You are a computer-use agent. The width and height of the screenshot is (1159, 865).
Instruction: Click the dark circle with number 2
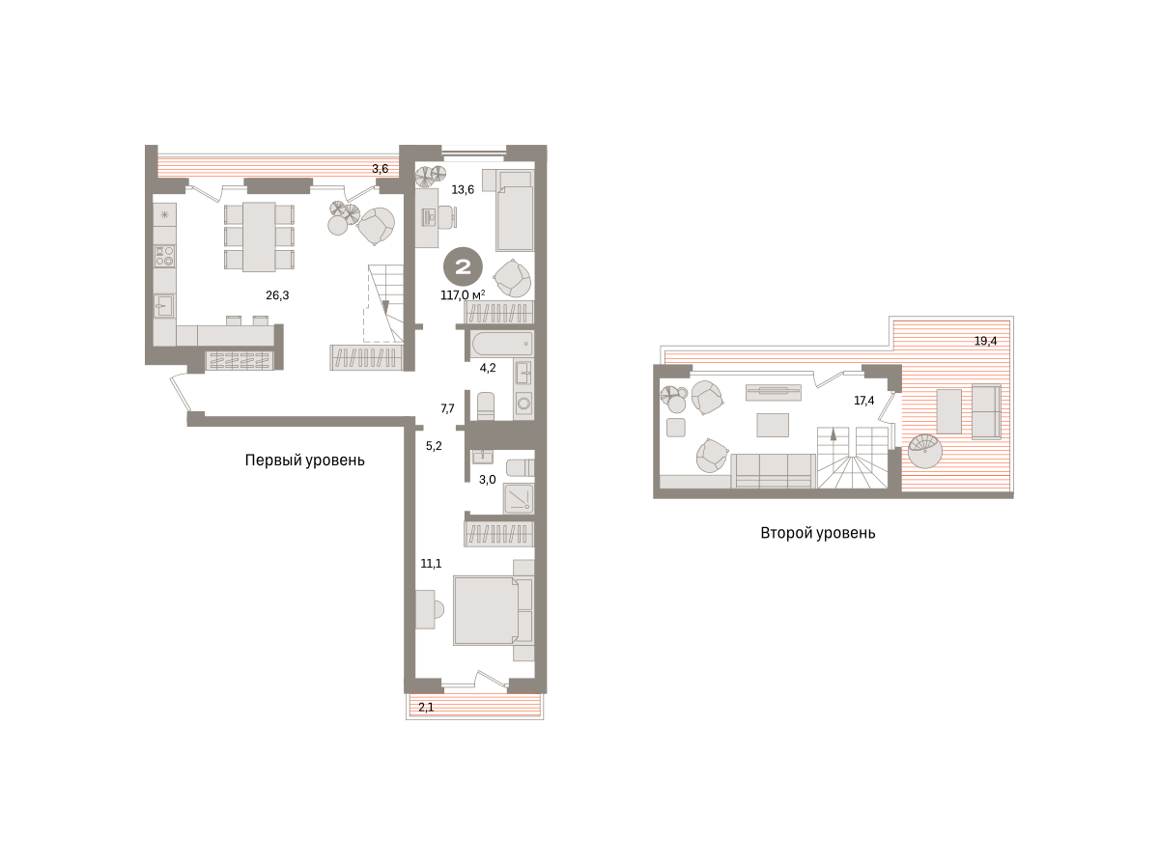click(x=463, y=267)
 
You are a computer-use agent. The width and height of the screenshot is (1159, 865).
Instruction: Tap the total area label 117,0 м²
click(x=463, y=295)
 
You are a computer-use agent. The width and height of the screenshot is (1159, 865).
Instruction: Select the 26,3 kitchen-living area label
click(x=277, y=295)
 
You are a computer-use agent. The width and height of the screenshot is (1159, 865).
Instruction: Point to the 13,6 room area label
click(x=463, y=189)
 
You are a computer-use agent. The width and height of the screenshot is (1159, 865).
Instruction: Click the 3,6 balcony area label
click(x=381, y=169)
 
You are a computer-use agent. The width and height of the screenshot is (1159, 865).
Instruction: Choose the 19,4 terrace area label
click(x=985, y=341)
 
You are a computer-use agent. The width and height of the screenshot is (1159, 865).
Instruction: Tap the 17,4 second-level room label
click(x=863, y=401)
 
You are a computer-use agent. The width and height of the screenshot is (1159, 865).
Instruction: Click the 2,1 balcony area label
click(x=426, y=708)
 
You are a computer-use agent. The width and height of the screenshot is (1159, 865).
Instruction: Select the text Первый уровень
click(x=304, y=460)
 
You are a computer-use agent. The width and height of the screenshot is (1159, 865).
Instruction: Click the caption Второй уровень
click(x=818, y=533)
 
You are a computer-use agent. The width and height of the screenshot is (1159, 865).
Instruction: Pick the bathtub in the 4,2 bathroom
click(x=502, y=344)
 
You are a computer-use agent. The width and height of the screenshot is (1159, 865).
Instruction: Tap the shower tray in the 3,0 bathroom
click(x=518, y=499)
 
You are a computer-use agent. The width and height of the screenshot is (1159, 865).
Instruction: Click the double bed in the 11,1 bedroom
click(x=486, y=611)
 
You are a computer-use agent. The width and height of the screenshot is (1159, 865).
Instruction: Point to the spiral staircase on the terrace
click(x=925, y=451)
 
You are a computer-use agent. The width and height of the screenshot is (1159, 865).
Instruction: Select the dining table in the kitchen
click(x=259, y=237)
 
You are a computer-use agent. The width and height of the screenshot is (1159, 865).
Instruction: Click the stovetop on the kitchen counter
click(x=165, y=256)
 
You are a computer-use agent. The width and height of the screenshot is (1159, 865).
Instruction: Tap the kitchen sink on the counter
click(x=165, y=306)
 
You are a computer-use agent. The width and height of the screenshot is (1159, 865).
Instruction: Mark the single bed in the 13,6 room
click(x=515, y=210)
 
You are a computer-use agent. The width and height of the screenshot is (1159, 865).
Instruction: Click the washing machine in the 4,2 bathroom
click(x=523, y=404)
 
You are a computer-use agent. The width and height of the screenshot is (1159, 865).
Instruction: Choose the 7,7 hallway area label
click(x=447, y=408)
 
